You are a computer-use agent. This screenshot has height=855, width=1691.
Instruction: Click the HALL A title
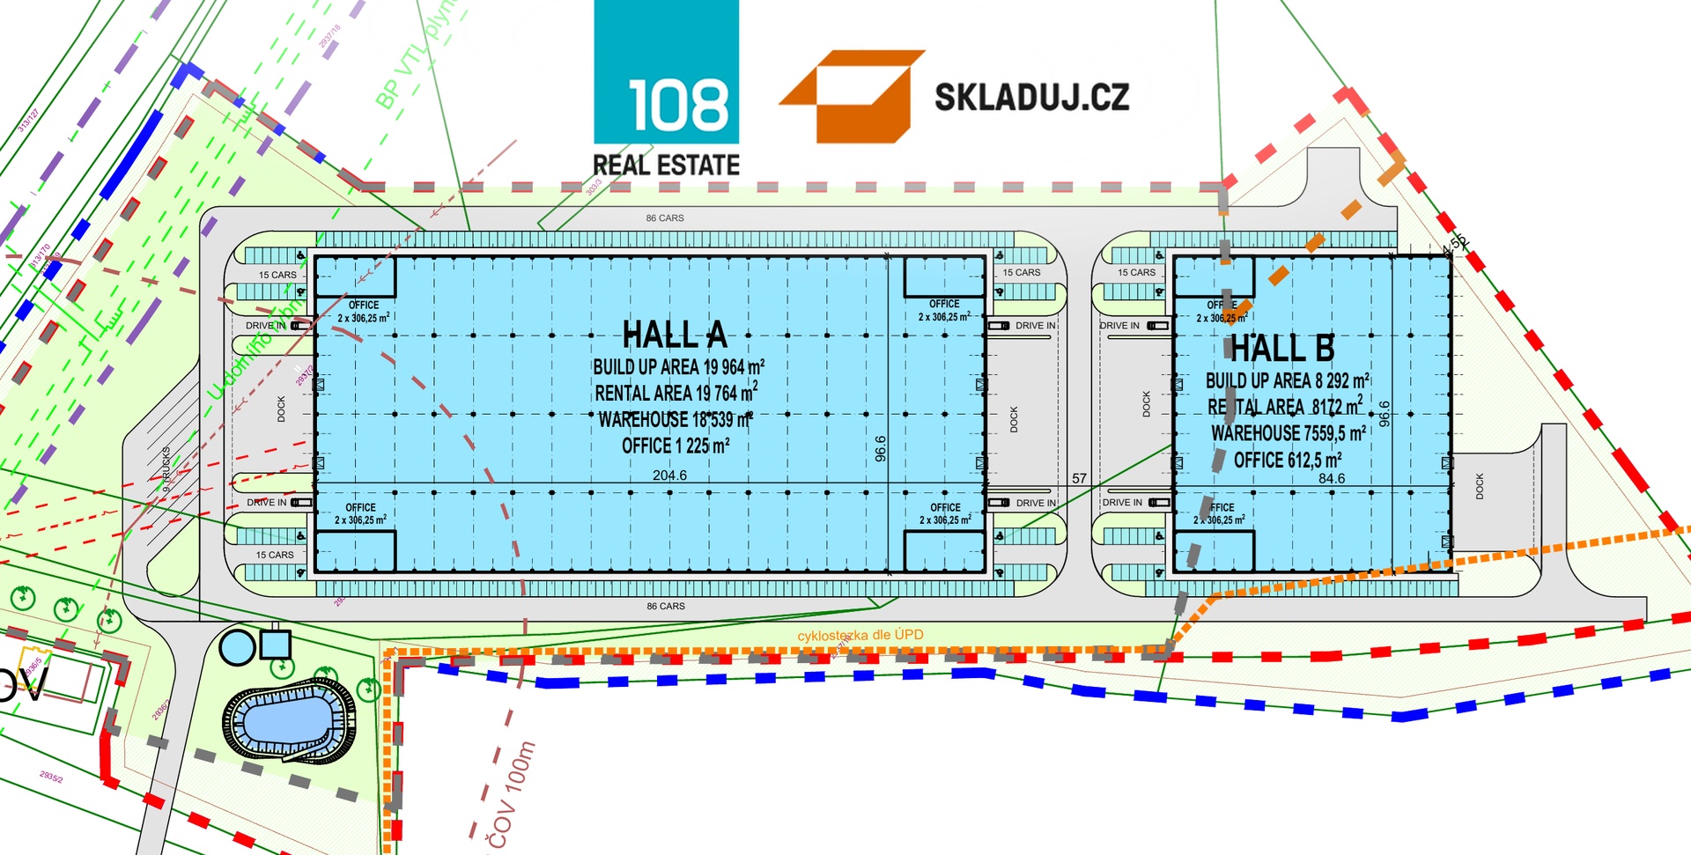(675, 335)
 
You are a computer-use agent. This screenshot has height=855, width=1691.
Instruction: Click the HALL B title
(1282, 349)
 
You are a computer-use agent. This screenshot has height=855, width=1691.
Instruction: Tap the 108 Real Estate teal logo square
(667, 72)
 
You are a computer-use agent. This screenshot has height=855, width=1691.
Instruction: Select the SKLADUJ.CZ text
(1031, 97)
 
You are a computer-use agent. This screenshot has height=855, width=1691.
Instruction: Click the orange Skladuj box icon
(852, 96)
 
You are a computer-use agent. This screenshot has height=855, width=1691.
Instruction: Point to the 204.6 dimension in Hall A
(669, 475)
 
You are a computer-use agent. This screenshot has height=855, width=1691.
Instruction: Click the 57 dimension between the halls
(1080, 479)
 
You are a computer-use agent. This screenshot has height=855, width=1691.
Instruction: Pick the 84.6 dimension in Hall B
(1332, 479)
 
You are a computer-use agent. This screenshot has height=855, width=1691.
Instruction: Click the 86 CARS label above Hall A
(665, 218)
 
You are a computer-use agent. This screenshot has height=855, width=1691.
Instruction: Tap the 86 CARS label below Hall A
(666, 607)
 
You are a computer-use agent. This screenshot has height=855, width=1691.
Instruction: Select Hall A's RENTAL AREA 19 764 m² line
(676, 393)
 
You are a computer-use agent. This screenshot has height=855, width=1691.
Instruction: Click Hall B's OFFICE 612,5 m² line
(1288, 461)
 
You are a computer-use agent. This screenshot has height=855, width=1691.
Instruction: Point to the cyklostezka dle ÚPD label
(860, 635)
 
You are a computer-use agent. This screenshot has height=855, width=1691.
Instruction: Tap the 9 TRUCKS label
(166, 469)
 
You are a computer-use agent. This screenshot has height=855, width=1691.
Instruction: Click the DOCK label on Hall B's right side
(1480, 486)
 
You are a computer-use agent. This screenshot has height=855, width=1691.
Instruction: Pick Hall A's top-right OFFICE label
(944, 304)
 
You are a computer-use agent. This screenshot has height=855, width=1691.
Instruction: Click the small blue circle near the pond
(236, 647)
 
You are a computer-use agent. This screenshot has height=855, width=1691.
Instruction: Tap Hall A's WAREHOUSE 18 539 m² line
(676, 420)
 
